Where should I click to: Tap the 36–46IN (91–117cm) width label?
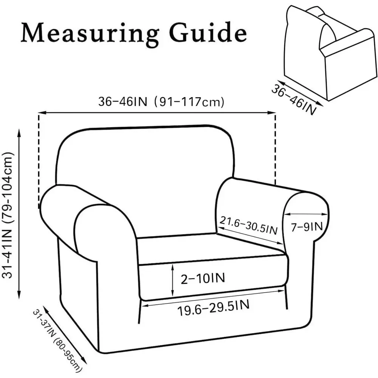[x=161, y=102]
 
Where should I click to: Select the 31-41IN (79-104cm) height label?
[x=8, y=215]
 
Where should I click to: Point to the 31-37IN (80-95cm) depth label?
[x=56, y=341]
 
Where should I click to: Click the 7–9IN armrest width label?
[x=307, y=226]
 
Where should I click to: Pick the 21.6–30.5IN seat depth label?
[x=249, y=225]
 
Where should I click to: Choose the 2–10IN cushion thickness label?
[x=203, y=279]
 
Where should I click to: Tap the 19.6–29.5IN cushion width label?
[x=213, y=308]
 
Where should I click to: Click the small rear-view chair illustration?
[x=330, y=52]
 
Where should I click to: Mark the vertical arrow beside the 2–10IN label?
[x=173, y=280]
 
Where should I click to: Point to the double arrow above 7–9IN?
[x=306, y=214]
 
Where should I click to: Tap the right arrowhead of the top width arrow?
[x=272, y=112]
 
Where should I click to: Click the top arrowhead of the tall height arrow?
[x=19, y=132]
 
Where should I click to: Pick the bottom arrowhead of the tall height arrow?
[x=19, y=295]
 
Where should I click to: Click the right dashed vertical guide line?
[x=275, y=149]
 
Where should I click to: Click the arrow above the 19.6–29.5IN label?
[x=213, y=298]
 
